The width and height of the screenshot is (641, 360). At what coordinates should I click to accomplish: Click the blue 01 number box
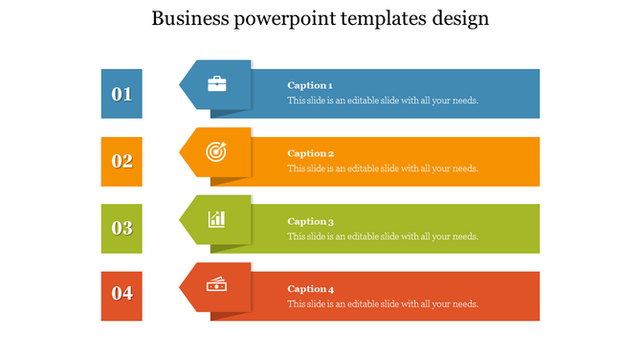(122, 94)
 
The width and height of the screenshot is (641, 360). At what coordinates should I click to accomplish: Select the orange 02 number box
(122, 161)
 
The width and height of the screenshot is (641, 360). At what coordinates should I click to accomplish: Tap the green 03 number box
(122, 228)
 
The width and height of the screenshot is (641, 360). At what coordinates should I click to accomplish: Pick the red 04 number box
(122, 294)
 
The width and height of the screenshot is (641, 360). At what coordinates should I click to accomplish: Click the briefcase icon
(217, 84)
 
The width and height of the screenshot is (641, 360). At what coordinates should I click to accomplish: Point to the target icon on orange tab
(217, 151)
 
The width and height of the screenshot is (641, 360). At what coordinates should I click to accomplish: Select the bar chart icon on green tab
(217, 219)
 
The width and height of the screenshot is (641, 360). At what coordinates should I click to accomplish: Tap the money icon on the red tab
(217, 284)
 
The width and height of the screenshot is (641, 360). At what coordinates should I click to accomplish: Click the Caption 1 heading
(310, 86)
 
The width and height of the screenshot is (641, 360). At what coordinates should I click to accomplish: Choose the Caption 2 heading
(310, 153)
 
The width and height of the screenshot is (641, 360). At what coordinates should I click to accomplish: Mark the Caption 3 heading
(310, 221)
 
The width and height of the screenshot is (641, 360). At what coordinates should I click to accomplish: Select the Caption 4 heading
(310, 289)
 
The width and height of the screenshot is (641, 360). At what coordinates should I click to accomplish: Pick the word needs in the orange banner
(464, 169)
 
